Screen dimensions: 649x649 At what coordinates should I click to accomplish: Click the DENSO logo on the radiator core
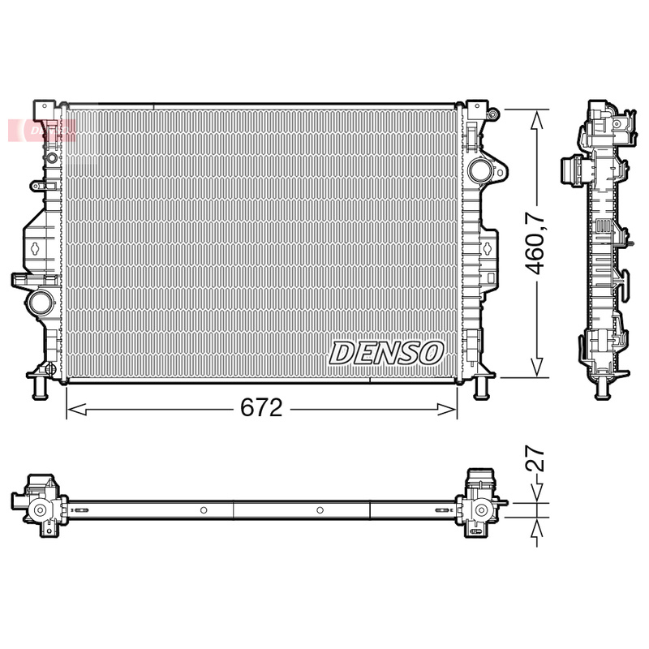tap(386, 353)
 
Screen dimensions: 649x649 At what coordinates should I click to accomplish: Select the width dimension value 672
tap(261, 409)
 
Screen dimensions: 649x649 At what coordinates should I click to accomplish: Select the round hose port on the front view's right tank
tap(480, 171)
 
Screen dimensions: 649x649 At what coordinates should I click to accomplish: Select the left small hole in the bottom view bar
tap(204, 510)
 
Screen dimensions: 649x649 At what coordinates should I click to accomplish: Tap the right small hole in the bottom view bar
tap(320, 510)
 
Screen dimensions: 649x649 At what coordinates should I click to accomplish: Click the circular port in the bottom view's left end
tap(38, 510)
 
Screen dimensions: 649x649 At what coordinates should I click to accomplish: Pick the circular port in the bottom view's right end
tap(482, 510)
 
